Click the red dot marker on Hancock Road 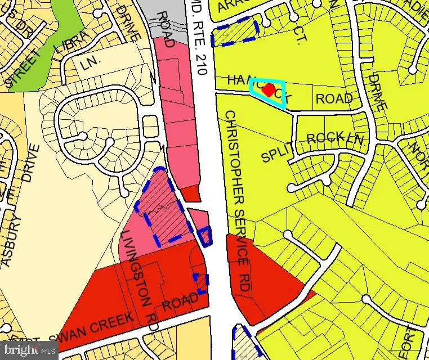point(269,89)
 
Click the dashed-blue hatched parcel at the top point(234,31)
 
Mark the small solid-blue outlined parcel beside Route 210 point(206,236)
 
